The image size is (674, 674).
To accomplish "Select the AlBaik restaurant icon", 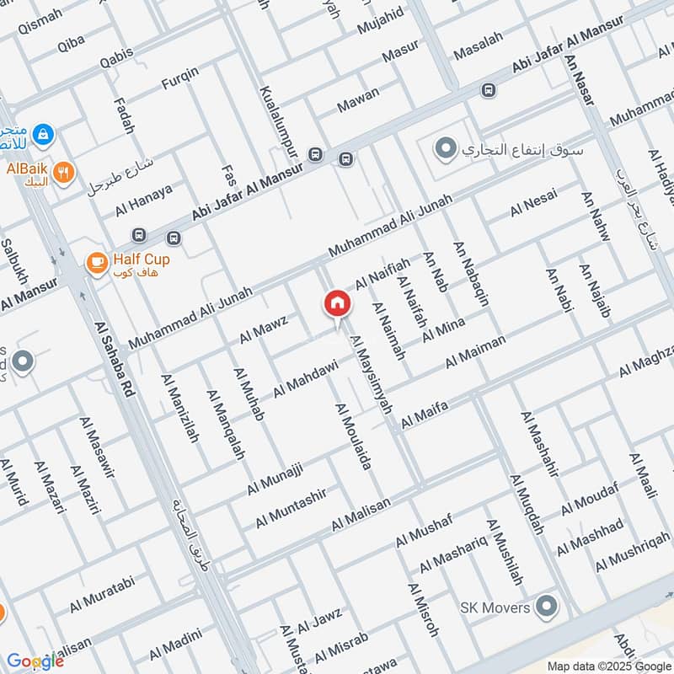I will (62, 173).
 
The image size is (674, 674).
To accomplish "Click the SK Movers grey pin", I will (548, 607).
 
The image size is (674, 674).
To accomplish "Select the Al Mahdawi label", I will (305, 379).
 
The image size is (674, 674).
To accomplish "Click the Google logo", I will (35, 661).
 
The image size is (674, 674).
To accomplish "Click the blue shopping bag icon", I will (43, 133).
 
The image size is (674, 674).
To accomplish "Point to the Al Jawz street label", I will (319, 624).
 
